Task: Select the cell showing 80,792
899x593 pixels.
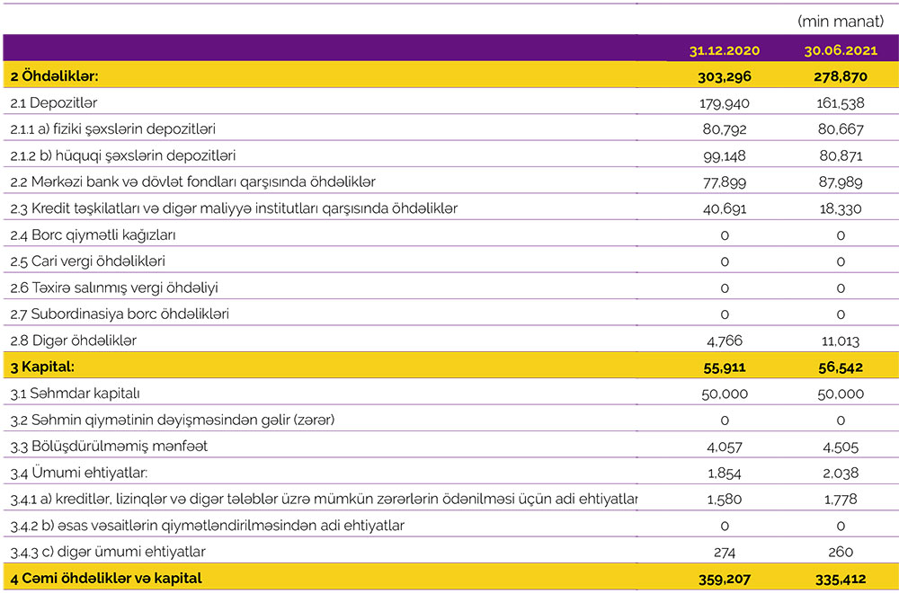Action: (724, 129)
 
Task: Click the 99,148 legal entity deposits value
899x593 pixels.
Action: (724, 156)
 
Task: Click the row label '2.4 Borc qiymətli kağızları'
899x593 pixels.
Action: (93, 235)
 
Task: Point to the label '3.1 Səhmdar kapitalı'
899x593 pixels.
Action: (75, 394)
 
